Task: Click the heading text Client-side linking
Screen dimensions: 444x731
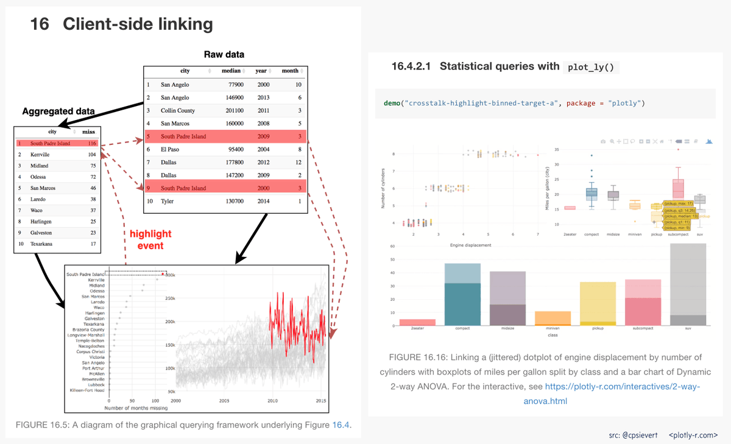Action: (x=138, y=24)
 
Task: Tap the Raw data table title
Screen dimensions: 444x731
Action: (x=224, y=55)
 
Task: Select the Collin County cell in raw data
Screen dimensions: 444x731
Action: (x=178, y=111)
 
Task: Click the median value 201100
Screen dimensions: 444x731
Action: (x=232, y=111)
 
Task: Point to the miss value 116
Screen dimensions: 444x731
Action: (x=92, y=144)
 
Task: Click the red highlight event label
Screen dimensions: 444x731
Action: (x=150, y=239)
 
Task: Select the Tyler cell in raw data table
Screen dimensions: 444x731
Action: (x=168, y=201)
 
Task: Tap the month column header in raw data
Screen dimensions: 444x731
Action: (x=291, y=71)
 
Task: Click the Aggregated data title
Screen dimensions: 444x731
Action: (x=58, y=111)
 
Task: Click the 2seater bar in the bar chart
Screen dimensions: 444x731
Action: (x=417, y=322)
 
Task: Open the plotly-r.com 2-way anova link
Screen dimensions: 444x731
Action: (x=621, y=393)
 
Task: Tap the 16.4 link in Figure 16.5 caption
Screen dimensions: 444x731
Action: (x=341, y=425)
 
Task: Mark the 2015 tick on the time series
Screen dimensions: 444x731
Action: (x=320, y=401)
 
